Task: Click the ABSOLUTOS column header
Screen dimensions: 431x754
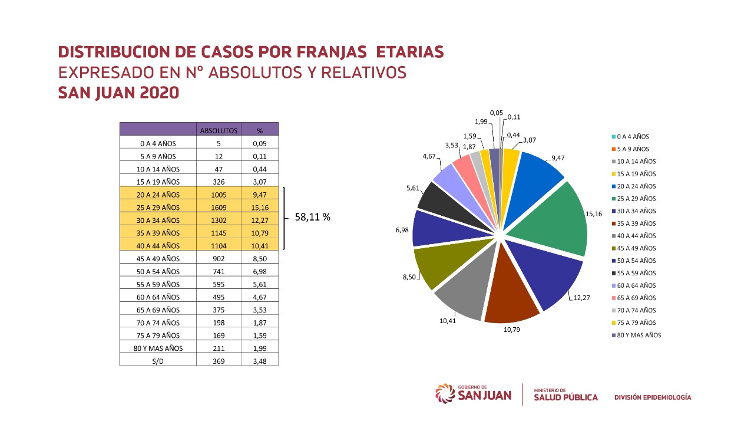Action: (219, 130)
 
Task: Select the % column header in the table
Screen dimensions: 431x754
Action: (260, 130)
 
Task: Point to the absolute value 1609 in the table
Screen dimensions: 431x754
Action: (219, 208)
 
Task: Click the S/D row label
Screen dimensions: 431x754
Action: (158, 361)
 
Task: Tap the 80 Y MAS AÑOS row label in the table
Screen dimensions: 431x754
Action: (158, 348)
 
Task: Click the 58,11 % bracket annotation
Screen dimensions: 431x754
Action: (312, 218)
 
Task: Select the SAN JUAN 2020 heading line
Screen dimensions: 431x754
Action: (118, 93)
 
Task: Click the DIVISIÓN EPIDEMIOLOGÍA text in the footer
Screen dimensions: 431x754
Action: (653, 397)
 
